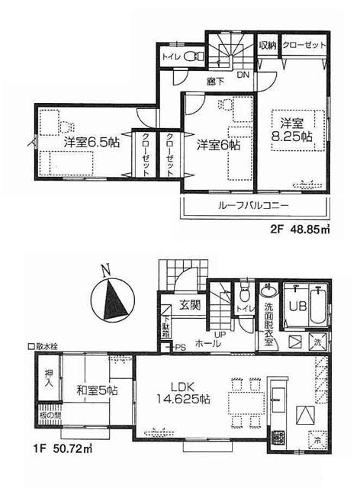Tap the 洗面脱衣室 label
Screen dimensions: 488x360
(268, 318)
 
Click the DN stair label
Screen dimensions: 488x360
(242, 75)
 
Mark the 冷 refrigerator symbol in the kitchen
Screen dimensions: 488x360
(314, 439)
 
